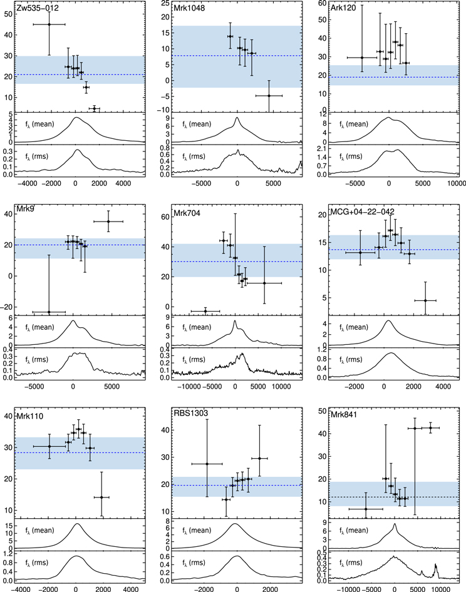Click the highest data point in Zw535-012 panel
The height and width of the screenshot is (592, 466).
(x=49, y=24)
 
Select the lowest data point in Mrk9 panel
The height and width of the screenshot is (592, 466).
(x=49, y=312)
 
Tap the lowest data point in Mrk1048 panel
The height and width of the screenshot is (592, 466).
(x=269, y=96)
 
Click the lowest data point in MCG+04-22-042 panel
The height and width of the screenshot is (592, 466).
(x=425, y=300)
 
